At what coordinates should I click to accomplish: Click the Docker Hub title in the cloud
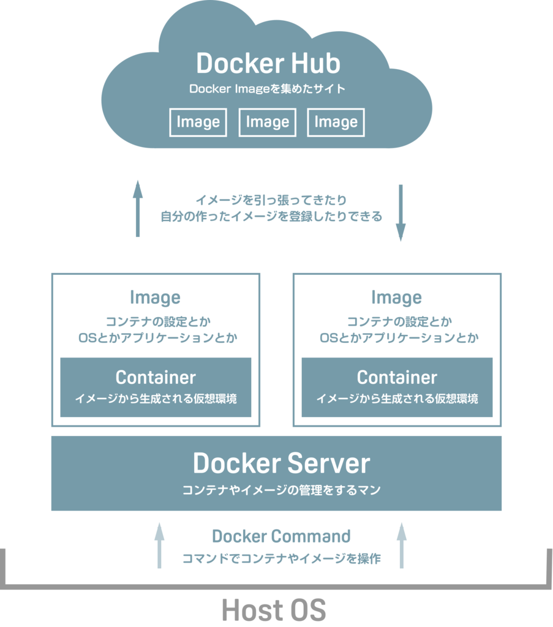(x=268, y=64)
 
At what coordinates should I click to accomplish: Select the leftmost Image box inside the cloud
(x=198, y=122)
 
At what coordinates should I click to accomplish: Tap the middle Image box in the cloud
(x=267, y=122)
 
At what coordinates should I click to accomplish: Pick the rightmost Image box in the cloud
(x=336, y=122)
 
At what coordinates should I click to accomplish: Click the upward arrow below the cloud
(x=138, y=208)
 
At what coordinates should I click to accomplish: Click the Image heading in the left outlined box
(x=156, y=298)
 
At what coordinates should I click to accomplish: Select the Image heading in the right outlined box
(x=397, y=298)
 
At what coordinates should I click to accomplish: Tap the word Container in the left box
(x=156, y=377)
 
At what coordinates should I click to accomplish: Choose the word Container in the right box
(x=397, y=377)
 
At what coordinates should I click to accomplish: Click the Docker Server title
(x=281, y=464)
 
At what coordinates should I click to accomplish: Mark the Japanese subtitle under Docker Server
(x=281, y=490)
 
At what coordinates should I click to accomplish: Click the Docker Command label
(x=281, y=537)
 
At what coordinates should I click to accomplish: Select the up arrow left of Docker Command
(x=160, y=545)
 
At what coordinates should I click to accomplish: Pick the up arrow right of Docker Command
(x=402, y=545)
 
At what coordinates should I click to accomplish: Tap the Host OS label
(x=274, y=610)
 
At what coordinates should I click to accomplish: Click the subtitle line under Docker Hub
(x=268, y=89)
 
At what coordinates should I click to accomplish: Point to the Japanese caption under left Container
(x=156, y=399)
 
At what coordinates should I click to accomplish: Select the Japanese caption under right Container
(x=397, y=399)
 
